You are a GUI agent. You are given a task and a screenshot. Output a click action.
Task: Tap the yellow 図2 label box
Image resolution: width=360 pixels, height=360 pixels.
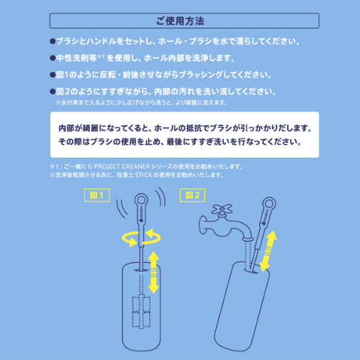pyautogui.click(x=194, y=194)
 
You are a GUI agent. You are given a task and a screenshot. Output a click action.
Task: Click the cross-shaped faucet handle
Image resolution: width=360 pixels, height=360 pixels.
pyautogui.click(x=221, y=212)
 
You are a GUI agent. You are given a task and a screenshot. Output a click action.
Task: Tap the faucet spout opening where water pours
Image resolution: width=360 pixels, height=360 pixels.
pyautogui.click(x=246, y=246)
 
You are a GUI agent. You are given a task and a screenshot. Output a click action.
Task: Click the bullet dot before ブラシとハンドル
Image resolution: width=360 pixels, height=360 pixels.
pyautogui.click(x=53, y=41)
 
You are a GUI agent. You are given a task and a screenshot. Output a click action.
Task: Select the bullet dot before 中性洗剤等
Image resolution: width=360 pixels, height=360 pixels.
pyautogui.click(x=53, y=58)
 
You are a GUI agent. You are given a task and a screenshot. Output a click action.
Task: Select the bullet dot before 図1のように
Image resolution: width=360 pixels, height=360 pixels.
pyautogui.click(x=53, y=75)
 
